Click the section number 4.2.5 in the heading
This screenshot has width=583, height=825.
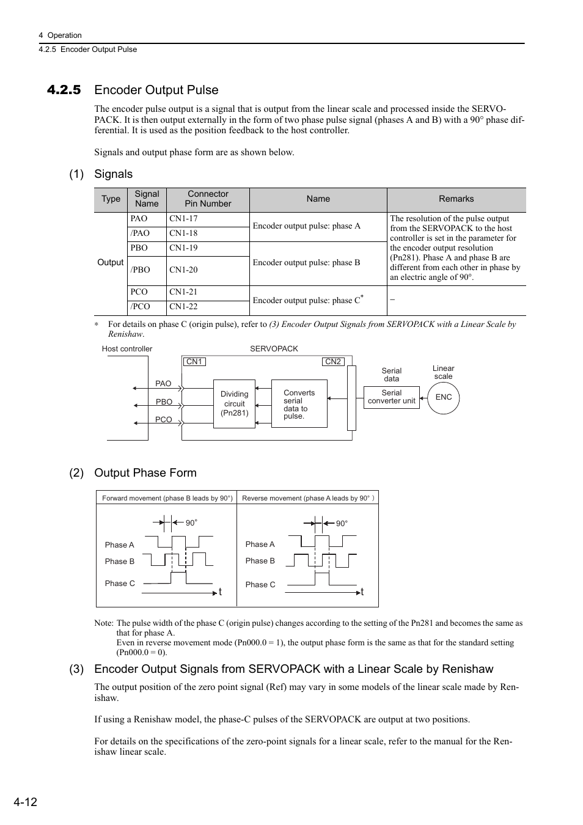coord(64,90)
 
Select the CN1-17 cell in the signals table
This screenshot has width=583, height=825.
coord(183,219)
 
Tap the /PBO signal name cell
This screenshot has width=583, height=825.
coord(140,270)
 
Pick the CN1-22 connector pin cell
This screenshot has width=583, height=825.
coord(183,307)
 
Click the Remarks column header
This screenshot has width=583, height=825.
coord(456,199)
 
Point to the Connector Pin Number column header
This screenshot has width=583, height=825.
coord(208,199)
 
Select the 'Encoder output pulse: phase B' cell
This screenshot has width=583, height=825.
coord(306,263)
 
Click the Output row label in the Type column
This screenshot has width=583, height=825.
coord(110,262)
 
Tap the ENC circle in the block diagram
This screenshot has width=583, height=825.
coord(444,397)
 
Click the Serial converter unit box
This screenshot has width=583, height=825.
coord(391,397)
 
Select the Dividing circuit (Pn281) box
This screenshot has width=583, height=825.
coord(234,403)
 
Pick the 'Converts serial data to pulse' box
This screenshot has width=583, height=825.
coord(299,404)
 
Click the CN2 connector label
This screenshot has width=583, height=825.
coord(333,362)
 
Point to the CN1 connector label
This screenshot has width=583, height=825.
coord(194,362)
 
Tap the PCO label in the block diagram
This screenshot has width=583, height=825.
coord(163,420)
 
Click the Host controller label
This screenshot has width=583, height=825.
coord(127,349)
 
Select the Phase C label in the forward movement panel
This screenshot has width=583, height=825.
coord(120,584)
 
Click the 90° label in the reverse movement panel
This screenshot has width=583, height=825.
coord(342,524)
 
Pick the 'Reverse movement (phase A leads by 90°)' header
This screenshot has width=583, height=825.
coord(307,498)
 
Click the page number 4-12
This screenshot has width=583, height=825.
coord(25,802)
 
